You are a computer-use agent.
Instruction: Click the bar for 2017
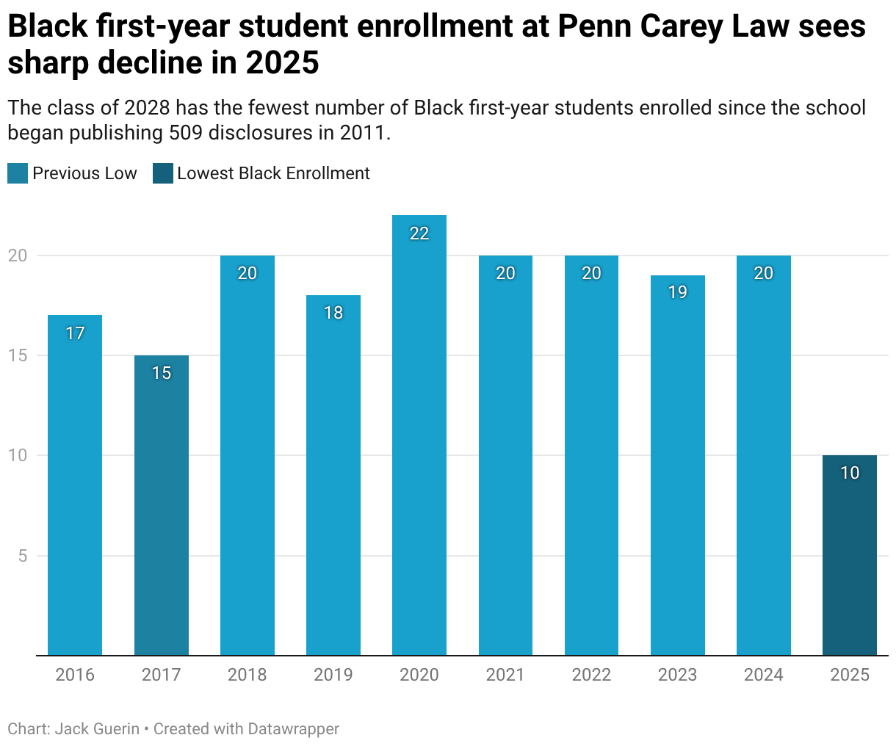[x=162, y=514]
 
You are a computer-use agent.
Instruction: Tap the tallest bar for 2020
[x=419, y=441]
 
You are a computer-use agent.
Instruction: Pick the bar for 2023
[x=678, y=470]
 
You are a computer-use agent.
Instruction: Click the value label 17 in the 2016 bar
[x=75, y=333]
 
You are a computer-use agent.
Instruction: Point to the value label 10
[x=850, y=473]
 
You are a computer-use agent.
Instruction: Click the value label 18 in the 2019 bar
[x=333, y=313]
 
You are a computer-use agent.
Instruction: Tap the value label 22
[x=419, y=233]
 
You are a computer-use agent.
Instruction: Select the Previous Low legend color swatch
[x=18, y=174]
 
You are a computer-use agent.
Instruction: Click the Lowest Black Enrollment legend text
[x=273, y=174]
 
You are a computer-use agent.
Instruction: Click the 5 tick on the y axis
[x=23, y=556]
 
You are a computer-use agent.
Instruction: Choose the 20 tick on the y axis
[x=18, y=256]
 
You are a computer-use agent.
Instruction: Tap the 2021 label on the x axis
[x=505, y=675]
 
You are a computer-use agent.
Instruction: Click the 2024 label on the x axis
[x=764, y=675]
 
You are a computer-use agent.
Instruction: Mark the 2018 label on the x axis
[x=248, y=675]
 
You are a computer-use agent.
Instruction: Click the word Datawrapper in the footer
[x=294, y=729]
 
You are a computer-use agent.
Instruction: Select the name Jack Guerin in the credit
[x=97, y=729]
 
